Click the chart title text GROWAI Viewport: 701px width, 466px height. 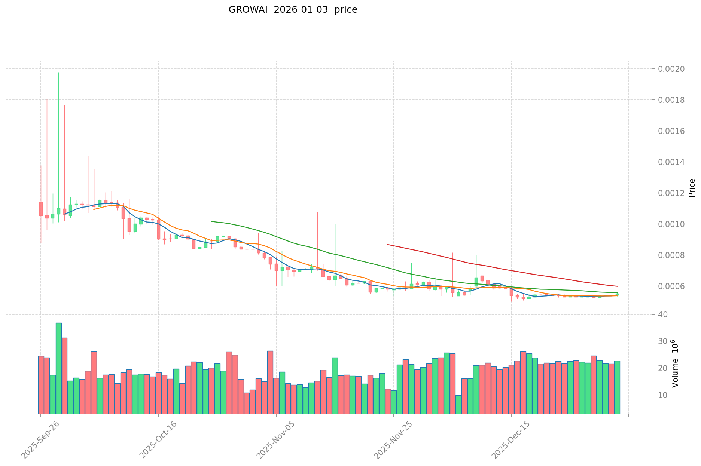click(248, 10)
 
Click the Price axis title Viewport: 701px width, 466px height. click(692, 188)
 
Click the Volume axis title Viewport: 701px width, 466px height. click(675, 364)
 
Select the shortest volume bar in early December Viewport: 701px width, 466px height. click(458, 404)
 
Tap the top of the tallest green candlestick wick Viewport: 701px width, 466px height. click(59, 73)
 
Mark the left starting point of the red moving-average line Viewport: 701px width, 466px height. click(388, 245)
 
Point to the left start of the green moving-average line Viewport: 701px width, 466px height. click(211, 221)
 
